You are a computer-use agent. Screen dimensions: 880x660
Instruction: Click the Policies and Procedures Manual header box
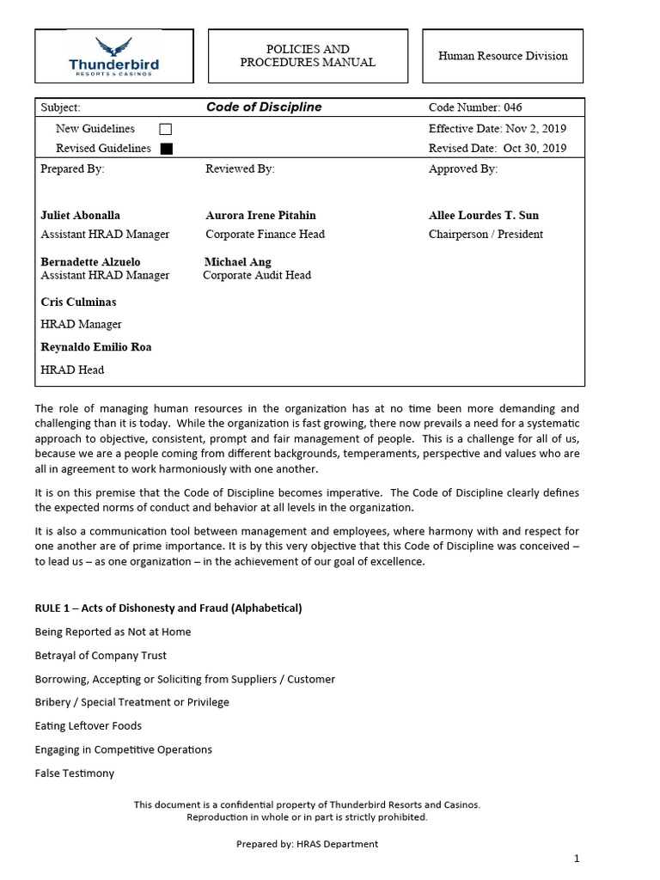tap(307, 56)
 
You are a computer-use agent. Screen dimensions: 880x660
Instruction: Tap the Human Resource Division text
tap(503, 56)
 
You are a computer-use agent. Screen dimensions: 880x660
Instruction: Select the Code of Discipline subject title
tap(264, 107)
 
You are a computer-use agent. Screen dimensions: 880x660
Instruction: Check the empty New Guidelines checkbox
tap(166, 129)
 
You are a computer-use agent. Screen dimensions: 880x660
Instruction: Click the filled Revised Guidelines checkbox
tap(166, 149)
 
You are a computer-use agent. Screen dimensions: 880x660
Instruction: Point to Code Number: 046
tap(475, 107)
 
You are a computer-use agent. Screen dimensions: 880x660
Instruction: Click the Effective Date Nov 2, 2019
tap(498, 129)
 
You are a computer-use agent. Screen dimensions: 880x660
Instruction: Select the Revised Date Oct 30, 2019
tap(498, 148)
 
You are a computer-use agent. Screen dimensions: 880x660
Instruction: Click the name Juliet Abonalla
tap(81, 215)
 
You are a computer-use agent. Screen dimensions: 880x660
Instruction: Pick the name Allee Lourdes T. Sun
tap(484, 215)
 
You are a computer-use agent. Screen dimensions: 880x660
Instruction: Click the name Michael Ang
tap(238, 261)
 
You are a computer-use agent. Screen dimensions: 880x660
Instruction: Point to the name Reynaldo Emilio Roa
tap(96, 347)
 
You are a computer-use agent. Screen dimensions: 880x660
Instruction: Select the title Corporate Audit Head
tap(257, 276)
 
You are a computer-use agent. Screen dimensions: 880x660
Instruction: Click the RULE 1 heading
tap(168, 608)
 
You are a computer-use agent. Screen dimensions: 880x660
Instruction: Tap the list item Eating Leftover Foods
tap(89, 726)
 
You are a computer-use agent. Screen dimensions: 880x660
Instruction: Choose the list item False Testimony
tap(75, 773)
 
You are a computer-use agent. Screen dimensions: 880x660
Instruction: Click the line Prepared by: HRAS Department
tap(307, 844)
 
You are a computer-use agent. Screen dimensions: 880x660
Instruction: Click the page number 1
tap(577, 859)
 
